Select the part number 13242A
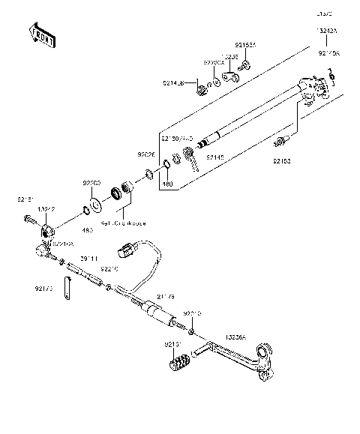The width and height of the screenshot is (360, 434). click(327, 31)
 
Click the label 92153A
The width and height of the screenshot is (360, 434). click(245, 46)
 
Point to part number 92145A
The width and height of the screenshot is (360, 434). click(328, 53)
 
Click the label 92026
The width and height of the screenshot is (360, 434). click(146, 156)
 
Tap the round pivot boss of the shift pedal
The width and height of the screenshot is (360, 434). click(262, 351)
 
